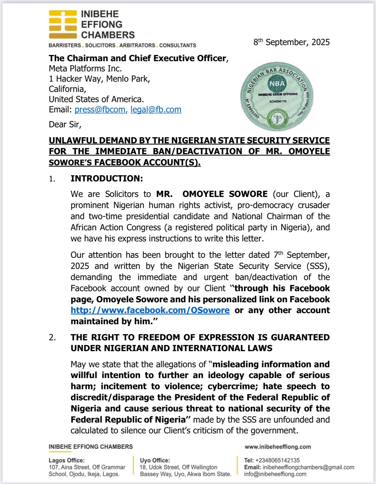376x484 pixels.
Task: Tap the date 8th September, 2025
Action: coord(291,42)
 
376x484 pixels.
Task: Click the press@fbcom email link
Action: coord(101,109)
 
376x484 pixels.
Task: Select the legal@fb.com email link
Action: coord(156,109)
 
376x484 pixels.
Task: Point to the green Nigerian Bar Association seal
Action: coord(277,96)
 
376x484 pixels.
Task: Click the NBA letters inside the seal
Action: coord(277,84)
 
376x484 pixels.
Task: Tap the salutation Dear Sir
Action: coord(65,124)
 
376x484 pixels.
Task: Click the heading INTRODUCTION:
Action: coord(107,179)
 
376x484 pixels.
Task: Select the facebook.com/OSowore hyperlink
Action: coord(150,310)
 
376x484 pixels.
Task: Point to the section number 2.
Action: coord(52,337)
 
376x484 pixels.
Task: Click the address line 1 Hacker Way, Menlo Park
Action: coord(99,79)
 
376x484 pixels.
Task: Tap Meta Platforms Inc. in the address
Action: coord(85,68)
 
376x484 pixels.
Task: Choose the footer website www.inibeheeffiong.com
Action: coord(278,447)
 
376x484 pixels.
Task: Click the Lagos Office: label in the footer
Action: coord(66,460)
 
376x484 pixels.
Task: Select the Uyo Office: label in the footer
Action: coord(155,460)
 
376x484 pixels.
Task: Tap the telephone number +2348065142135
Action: coord(277,460)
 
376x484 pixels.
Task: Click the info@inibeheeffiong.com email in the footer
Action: coord(275,474)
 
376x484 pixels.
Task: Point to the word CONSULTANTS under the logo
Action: coord(177,45)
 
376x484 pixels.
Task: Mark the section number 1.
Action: coord(52,179)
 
